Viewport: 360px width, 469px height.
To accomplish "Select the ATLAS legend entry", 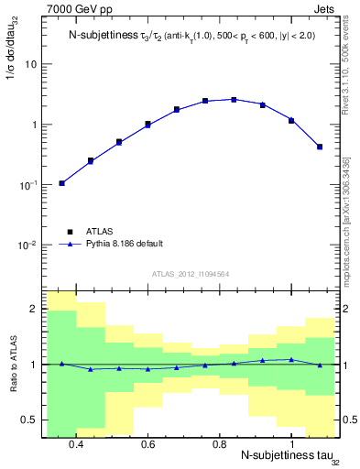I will click(x=102, y=232).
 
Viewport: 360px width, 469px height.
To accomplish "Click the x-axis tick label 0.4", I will click(x=76, y=443).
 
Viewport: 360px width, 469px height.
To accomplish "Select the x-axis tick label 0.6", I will click(x=147, y=443).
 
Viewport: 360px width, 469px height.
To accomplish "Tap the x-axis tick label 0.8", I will click(x=220, y=443).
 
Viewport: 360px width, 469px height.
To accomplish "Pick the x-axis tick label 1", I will click(x=291, y=443).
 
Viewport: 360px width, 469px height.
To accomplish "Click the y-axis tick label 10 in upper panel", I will click(x=30, y=64).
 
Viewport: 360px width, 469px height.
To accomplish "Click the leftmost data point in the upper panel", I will click(x=62, y=183).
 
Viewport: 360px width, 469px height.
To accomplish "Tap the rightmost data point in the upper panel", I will click(x=320, y=147).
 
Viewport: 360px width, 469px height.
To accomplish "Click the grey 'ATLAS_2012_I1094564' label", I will click(x=191, y=273).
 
